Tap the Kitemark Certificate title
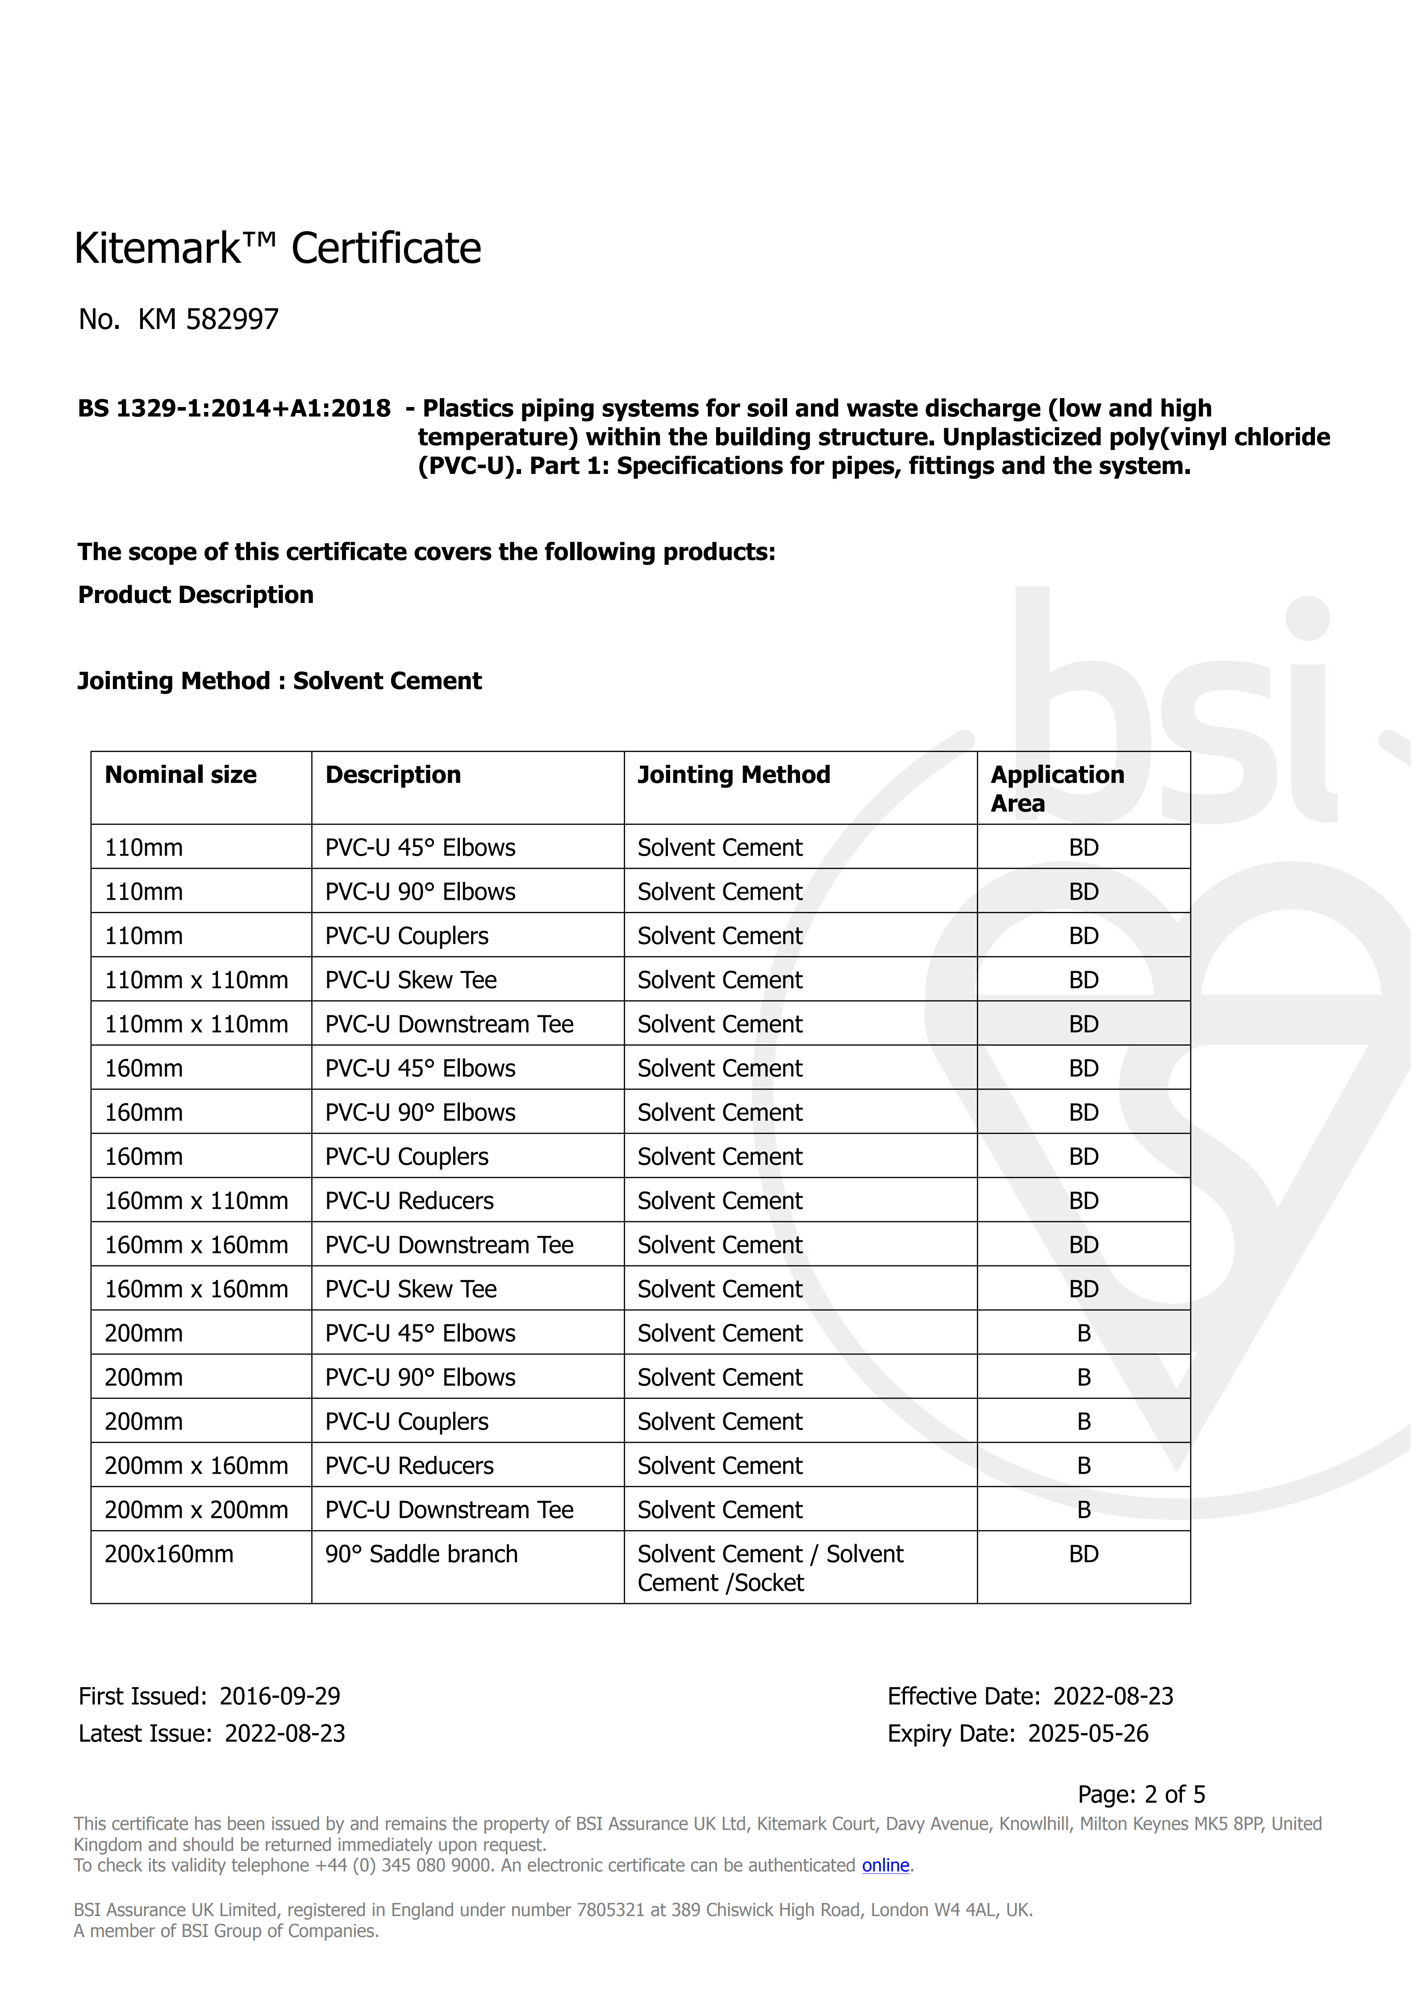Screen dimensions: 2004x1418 (x=278, y=249)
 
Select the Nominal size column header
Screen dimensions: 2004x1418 (x=181, y=775)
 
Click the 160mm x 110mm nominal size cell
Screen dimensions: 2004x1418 (x=196, y=1201)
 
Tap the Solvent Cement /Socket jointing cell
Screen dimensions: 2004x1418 (x=770, y=1568)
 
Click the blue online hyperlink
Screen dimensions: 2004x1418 (x=885, y=1865)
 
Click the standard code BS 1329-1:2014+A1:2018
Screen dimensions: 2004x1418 (x=234, y=408)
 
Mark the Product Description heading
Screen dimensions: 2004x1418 (x=196, y=595)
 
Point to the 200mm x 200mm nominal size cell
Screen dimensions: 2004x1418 (x=196, y=1510)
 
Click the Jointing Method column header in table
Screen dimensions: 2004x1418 (x=734, y=775)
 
